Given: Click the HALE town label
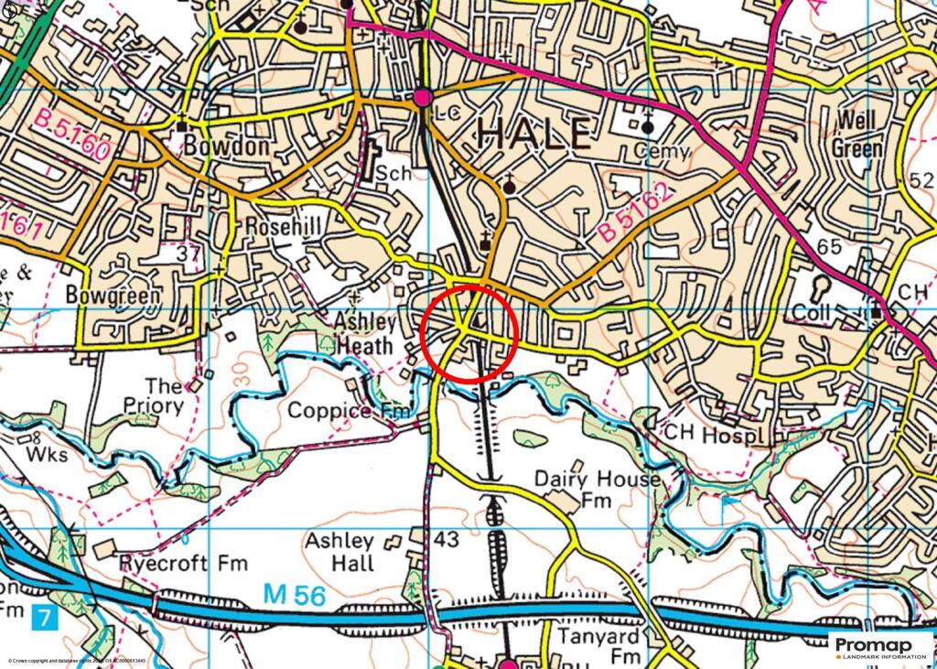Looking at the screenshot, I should pyautogui.click(x=533, y=135).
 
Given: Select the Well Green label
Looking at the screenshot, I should pyautogui.click(x=857, y=135).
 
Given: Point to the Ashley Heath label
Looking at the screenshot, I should pyautogui.click(x=365, y=334).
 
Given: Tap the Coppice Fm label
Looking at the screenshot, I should pyautogui.click(x=350, y=411).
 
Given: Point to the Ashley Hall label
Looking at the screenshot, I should pyautogui.click(x=339, y=551).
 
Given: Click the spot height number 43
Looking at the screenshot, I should pyautogui.click(x=446, y=540).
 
